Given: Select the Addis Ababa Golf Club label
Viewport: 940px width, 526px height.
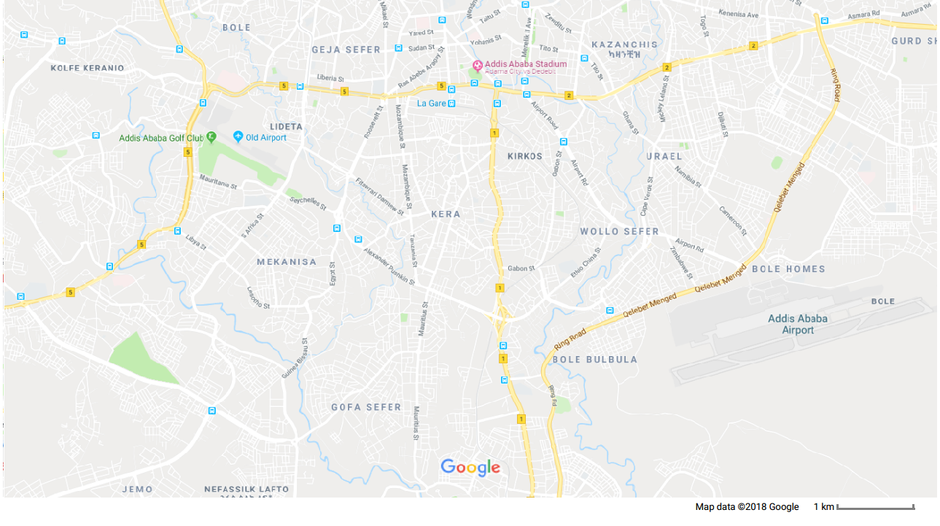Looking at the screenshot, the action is (161, 138).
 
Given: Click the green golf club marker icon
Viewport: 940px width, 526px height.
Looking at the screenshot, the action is (211, 136).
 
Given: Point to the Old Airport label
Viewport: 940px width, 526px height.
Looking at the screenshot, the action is (266, 138).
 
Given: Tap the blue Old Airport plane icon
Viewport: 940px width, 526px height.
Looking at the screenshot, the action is (238, 136).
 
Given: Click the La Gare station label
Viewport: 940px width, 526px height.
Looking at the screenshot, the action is (431, 104).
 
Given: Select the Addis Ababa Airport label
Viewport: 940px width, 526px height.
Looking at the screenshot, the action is (798, 324).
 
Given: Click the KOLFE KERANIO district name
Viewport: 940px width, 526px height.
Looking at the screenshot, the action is (88, 68).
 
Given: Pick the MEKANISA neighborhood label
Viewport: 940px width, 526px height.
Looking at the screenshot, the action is (287, 262).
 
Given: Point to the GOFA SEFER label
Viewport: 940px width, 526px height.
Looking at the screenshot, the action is (366, 407).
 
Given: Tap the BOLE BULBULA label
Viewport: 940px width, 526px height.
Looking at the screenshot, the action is (595, 360).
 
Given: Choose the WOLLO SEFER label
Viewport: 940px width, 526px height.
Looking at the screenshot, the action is (619, 231).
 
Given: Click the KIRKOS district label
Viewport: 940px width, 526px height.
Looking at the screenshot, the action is (525, 157).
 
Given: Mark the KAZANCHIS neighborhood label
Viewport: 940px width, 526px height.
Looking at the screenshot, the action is (624, 45).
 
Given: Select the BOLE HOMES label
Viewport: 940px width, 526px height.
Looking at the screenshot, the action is (788, 269).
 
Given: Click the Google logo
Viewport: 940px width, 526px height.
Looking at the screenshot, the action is (470, 468).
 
